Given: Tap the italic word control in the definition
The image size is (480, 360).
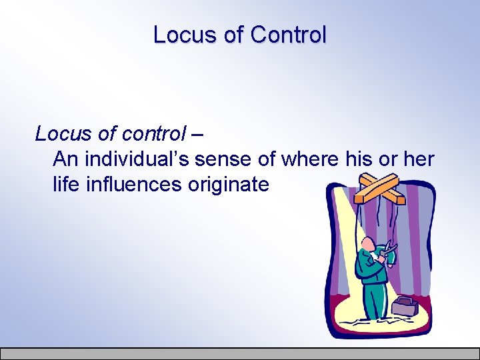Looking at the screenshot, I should point(153,134).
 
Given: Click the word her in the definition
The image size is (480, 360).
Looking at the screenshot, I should point(417,159).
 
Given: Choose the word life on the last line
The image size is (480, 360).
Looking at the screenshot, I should point(65,183).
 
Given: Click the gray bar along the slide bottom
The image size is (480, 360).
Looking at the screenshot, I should point(240,353).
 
